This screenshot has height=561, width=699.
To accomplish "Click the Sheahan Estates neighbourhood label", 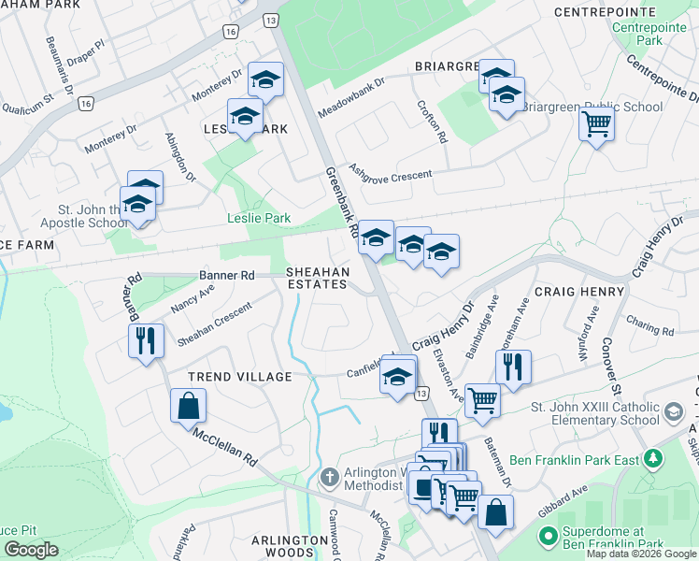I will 318,278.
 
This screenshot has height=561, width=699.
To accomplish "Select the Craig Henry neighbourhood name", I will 580,292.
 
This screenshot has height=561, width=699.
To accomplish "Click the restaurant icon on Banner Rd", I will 144,339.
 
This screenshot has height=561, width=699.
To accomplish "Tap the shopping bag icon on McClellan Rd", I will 188,406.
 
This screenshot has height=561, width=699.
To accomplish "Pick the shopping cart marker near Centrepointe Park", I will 595,122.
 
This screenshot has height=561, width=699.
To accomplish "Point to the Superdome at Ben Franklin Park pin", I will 548,538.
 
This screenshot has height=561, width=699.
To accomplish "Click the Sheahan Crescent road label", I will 214,324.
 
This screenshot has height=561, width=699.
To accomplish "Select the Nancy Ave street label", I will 193,299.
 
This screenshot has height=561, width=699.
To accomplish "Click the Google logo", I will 31,550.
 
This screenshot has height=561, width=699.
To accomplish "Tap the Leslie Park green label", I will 259,219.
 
